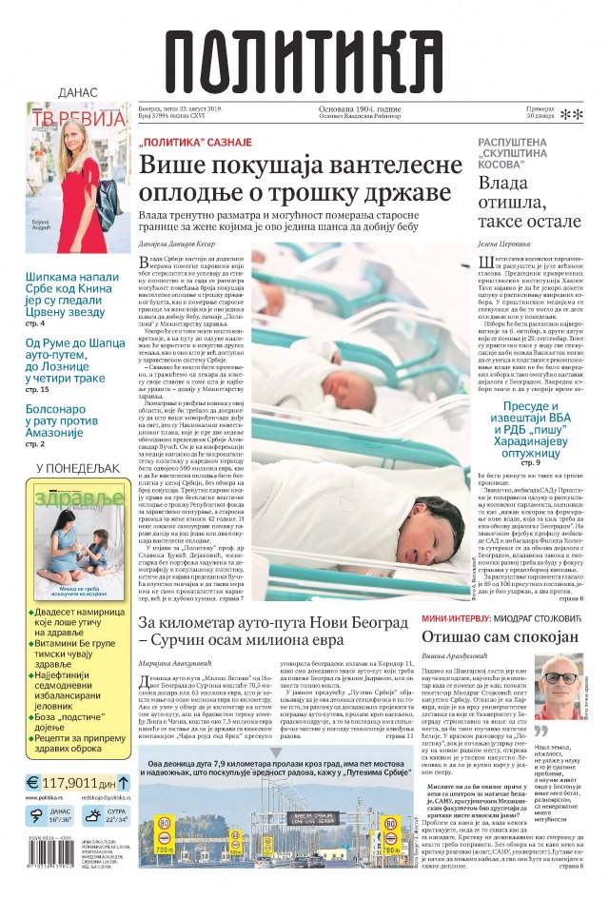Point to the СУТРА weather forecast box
[106, 817]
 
